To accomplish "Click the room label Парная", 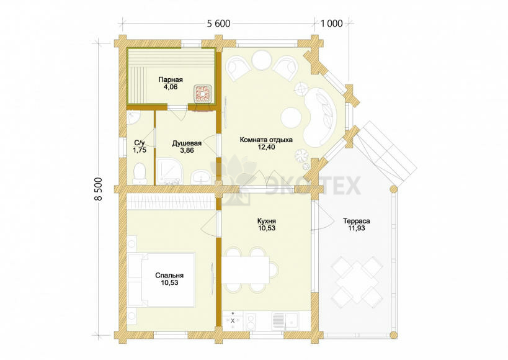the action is click(171, 80).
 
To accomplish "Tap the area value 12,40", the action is click(266, 147).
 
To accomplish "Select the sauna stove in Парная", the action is click(203, 93).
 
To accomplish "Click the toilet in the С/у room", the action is click(140, 173).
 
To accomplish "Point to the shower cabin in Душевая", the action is click(169, 171).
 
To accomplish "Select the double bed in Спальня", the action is click(162, 280).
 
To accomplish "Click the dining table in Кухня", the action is click(246, 269).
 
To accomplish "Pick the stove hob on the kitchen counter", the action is click(233, 321).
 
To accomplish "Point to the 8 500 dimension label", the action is click(99, 189).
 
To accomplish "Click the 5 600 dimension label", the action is click(219, 24).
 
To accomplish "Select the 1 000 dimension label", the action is click(332, 24).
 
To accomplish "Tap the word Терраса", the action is click(357, 221).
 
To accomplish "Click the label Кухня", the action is click(267, 221).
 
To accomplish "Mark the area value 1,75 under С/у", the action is click(140, 150).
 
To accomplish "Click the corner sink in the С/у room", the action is click(132, 118).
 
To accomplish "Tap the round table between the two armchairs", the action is click(261, 60).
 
